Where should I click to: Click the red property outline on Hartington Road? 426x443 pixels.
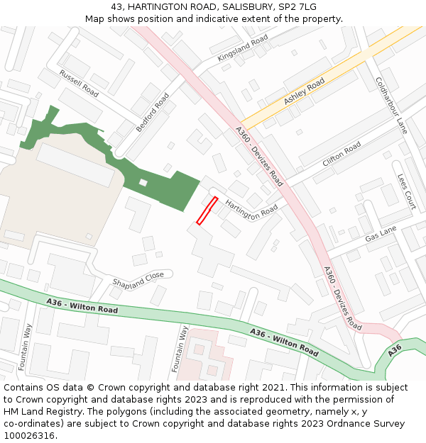tap(207, 211)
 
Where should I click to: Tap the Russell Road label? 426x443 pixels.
tap(79, 83)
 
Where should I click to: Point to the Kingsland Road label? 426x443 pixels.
tap(243, 47)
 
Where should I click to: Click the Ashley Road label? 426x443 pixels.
tap(304, 92)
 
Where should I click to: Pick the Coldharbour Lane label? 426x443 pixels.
tap(391, 106)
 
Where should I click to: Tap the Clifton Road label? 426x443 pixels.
tap(342, 154)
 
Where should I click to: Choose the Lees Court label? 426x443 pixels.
tap(406, 191)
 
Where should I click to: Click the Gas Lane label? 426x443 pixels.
tap(381, 235)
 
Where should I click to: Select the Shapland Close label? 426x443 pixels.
tap(138, 280)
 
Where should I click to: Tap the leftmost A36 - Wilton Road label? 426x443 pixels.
tap(82, 306)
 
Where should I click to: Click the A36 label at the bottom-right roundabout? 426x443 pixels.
tap(395, 348)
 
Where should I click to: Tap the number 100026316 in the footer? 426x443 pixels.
tap(31, 435)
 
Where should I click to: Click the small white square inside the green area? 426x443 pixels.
tap(143, 182)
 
